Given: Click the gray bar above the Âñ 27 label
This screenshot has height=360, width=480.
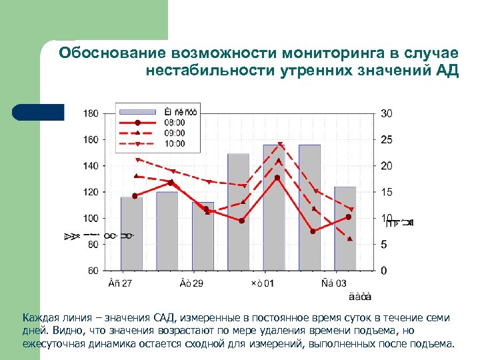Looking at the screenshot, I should [131, 233].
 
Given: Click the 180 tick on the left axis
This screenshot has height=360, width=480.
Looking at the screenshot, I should [91, 113].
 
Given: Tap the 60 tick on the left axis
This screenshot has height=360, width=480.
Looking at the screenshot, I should [93, 271].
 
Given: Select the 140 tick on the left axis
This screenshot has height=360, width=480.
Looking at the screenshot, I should [91, 166].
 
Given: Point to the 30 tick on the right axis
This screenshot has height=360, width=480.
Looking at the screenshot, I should [387, 113].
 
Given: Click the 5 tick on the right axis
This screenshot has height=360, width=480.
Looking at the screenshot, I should [384, 245].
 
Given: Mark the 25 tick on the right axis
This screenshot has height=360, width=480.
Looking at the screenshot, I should [387, 139].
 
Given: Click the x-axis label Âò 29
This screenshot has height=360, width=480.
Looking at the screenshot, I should [191, 284].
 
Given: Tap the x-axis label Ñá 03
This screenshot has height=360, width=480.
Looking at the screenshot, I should [333, 284].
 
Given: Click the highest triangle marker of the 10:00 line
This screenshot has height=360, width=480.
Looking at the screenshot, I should [280, 145].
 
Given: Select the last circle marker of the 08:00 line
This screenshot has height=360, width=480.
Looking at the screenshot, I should [349, 217].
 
